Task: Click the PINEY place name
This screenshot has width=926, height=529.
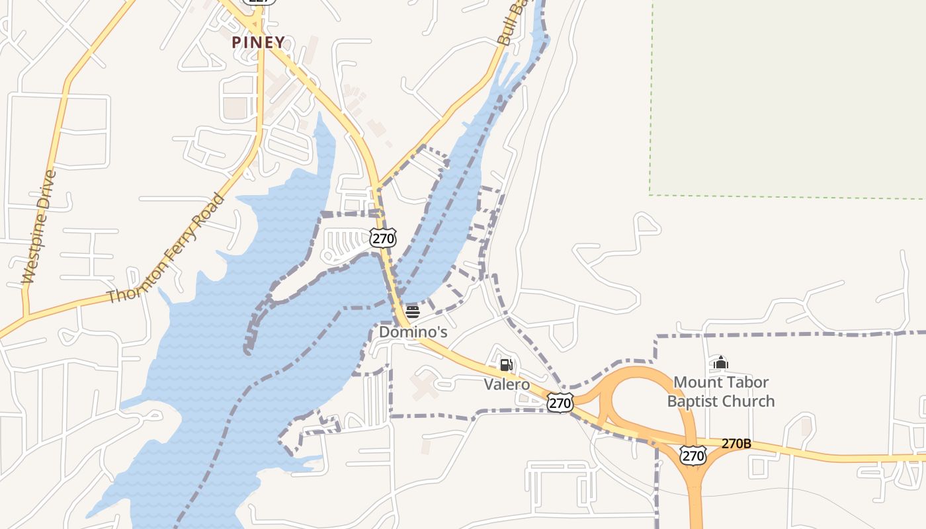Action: point(259,42)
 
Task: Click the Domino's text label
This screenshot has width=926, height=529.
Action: point(413,332)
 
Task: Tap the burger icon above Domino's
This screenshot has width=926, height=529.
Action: point(413,311)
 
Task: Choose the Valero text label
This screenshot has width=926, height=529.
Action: point(507,384)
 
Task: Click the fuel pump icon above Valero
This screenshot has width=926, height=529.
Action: point(506,364)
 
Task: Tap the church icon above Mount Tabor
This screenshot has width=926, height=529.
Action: point(721,362)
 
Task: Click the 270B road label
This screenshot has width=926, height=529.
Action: point(736,444)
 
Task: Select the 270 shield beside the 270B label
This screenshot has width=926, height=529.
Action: point(693,455)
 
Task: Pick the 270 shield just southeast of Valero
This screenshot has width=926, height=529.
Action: point(560,402)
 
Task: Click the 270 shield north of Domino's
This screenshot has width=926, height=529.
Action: point(383,238)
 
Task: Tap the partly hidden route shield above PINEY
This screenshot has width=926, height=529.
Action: point(258,2)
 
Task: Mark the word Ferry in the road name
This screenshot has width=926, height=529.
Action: point(181,236)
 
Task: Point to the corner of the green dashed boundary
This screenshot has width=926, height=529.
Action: point(650,194)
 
